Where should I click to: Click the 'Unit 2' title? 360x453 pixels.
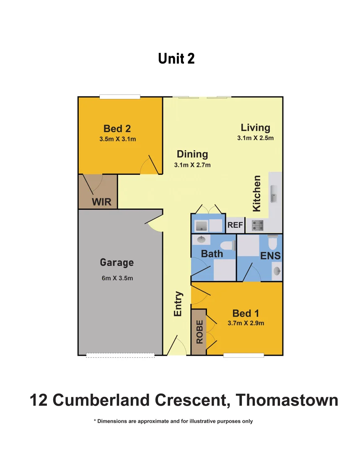pyautogui.click(x=176, y=59)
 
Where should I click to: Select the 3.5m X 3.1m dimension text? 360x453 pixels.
pyautogui.click(x=117, y=139)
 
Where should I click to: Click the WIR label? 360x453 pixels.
pyautogui.click(x=101, y=202)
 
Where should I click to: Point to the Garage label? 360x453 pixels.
pyautogui.click(x=117, y=263)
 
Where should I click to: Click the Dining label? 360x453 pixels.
pyautogui.click(x=192, y=154)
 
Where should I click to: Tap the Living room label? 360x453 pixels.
pyautogui.click(x=255, y=128)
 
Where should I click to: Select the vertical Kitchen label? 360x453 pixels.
pyautogui.click(x=256, y=193)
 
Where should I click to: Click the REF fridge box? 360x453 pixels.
pyautogui.click(x=235, y=225)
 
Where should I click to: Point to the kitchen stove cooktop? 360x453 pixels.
pyautogui.click(x=257, y=226)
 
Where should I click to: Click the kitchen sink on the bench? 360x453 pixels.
pyautogui.click(x=275, y=194)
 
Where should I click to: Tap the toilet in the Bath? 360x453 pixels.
pyautogui.click(x=228, y=245)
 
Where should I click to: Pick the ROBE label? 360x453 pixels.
pyautogui.click(x=199, y=332)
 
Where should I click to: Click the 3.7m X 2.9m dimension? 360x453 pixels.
pyautogui.click(x=246, y=323)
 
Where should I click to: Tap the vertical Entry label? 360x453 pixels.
pyautogui.click(x=178, y=304)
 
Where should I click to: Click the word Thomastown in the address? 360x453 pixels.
pyautogui.click(x=287, y=400)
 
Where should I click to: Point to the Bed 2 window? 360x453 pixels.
pyautogui.click(x=119, y=97)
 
